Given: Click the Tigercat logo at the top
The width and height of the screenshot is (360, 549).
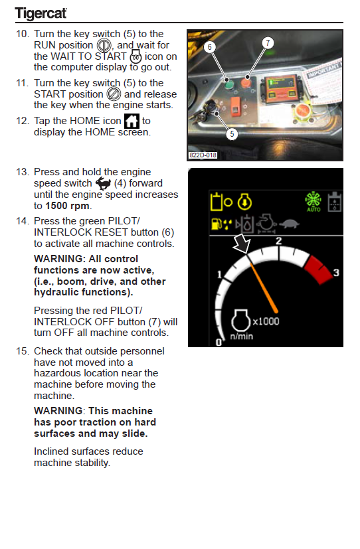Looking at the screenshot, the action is pos(41,13).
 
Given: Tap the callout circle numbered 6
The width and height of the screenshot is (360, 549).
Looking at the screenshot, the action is pos(210,47).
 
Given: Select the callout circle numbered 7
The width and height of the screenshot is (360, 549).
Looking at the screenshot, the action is pos(268,42).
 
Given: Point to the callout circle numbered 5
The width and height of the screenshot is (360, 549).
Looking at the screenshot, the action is pos(232,133).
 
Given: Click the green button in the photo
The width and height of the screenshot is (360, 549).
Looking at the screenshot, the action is pos(228,84).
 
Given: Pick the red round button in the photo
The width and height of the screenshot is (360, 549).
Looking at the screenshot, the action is pos(246,83).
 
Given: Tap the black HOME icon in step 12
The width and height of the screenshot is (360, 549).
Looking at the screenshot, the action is pos(132,121).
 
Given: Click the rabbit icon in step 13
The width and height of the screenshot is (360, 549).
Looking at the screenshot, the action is pos(103,183).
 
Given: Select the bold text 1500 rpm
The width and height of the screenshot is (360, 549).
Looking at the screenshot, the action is pos(67,206).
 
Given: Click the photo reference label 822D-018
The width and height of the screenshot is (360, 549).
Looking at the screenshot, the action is pos(203,155).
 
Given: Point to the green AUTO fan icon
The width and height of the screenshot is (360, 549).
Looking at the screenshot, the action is pos(313,202).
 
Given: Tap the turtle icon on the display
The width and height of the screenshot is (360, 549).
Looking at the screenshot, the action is pos(290,223).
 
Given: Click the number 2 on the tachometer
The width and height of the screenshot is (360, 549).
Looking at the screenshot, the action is pos(279,241).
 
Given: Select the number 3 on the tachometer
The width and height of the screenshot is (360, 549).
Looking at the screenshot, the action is pos(336,272).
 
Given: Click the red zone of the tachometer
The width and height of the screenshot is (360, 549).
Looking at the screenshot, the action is pos(317,270).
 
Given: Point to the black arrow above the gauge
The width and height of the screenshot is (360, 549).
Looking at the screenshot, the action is pos(242,244).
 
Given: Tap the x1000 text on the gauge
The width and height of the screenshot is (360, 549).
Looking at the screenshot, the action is pos(266,321).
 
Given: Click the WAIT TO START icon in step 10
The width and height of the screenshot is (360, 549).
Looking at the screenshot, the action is pos(136,56).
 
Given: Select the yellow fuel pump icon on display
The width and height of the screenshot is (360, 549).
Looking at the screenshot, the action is pos(217,224).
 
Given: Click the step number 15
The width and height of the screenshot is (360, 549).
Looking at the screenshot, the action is pos(23,351).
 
